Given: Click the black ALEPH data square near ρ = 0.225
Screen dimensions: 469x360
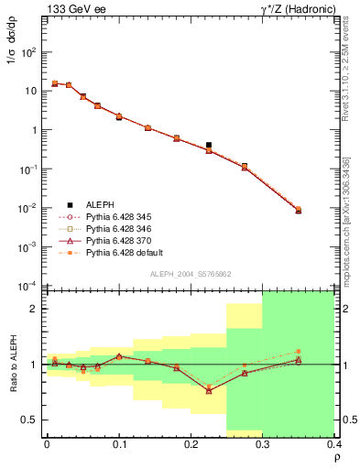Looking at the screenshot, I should [x=209, y=145].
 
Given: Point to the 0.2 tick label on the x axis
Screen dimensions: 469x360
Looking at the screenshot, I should [x=191, y=444].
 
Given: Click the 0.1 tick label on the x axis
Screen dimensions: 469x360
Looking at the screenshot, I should [x=119, y=444].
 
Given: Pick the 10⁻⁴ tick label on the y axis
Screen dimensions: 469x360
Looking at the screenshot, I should [x=28, y=285].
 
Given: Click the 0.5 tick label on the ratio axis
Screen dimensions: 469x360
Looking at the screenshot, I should [x=29, y=420].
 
